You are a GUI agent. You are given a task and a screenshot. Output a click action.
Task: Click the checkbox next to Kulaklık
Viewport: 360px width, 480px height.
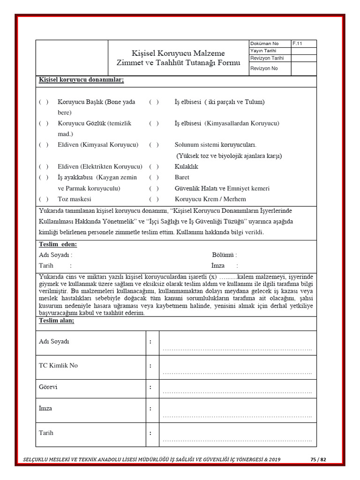pyautogui.click(x=154, y=166)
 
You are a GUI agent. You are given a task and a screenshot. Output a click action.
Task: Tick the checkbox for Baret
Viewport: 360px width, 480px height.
pyautogui.click(x=154, y=178)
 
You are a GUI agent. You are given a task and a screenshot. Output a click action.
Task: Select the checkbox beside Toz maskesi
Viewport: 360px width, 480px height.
pyautogui.click(x=44, y=199)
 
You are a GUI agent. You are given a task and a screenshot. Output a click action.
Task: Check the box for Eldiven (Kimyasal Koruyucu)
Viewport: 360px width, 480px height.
pyautogui.click(x=44, y=145)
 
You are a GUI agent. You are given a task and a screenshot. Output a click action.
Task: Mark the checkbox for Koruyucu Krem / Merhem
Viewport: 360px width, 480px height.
pyautogui.click(x=154, y=199)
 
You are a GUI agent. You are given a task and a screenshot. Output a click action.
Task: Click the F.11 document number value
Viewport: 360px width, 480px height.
pyautogui.click(x=297, y=44)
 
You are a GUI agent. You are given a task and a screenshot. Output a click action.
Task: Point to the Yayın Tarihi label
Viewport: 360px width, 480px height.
pyautogui.click(x=263, y=51)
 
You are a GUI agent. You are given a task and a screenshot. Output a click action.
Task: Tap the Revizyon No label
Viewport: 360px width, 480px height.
pyautogui.click(x=264, y=68)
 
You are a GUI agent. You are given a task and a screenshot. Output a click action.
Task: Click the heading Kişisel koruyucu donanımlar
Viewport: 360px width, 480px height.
pyautogui.click(x=81, y=80)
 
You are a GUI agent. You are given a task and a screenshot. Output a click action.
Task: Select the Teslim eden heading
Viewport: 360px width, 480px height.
pyautogui.click(x=58, y=244)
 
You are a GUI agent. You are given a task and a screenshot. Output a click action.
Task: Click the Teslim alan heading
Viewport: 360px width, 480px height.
pyautogui.click(x=56, y=321)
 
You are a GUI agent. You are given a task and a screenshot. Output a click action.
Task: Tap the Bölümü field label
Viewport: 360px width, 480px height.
pyautogui.click(x=224, y=255)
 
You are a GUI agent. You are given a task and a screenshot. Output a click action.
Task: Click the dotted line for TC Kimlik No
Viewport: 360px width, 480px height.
pyautogui.click(x=237, y=373)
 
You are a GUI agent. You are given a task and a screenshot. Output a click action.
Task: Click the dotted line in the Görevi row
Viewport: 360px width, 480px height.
pyautogui.click(x=237, y=392)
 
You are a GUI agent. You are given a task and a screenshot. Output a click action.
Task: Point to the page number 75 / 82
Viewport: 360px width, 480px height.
pyautogui.click(x=318, y=459)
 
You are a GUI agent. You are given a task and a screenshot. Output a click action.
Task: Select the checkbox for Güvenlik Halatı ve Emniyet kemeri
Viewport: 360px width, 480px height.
pyautogui.click(x=154, y=188)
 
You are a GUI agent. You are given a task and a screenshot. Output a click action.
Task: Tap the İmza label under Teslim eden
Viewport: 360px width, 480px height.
pyautogui.click(x=218, y=266)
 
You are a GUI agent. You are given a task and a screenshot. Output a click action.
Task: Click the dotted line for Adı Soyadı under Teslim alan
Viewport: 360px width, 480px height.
pyautogui.click(x=237, y=350)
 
